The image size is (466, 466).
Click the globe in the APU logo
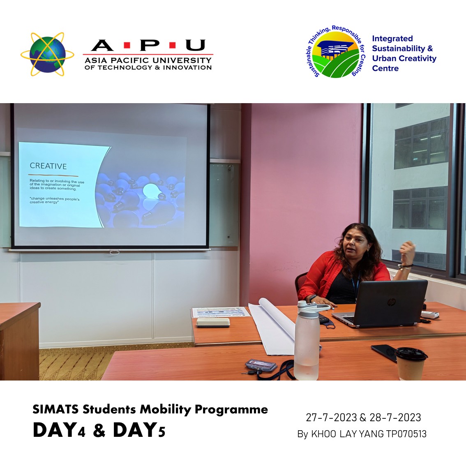click(48, 54)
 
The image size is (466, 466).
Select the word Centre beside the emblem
click(385, 68)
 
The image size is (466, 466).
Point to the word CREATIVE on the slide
click(48, 166)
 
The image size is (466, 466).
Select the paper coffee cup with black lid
click(411, 363)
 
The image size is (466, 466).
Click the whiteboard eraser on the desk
click(213, 323)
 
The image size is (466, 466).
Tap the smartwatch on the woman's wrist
click(312, 298)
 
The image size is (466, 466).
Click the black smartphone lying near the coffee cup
click(384, 353)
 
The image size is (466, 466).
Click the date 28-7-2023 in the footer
click(395, 418)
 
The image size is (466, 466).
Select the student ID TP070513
click(406, 434)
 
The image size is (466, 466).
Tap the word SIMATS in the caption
click(55, 410)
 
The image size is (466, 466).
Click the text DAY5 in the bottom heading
click(139, 430)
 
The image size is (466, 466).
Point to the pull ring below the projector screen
click(114, 253)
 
